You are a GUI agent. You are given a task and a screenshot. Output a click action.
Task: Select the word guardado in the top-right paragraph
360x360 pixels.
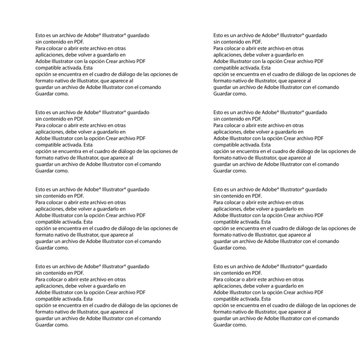click(x=316, y=36)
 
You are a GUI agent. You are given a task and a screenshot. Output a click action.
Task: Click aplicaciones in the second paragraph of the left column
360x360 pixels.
click(x=50, y=131)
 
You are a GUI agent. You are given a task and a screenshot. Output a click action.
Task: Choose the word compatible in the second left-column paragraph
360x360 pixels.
click(x=50, y=145)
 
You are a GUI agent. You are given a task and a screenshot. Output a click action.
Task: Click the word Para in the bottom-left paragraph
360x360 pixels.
click(x=41, y=279)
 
